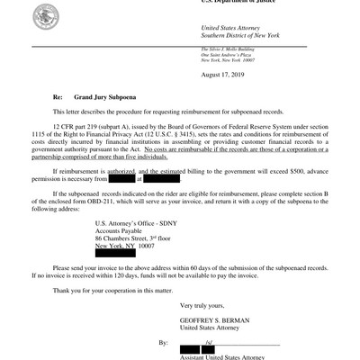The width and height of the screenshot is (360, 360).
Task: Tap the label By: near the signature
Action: coord(164,343)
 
